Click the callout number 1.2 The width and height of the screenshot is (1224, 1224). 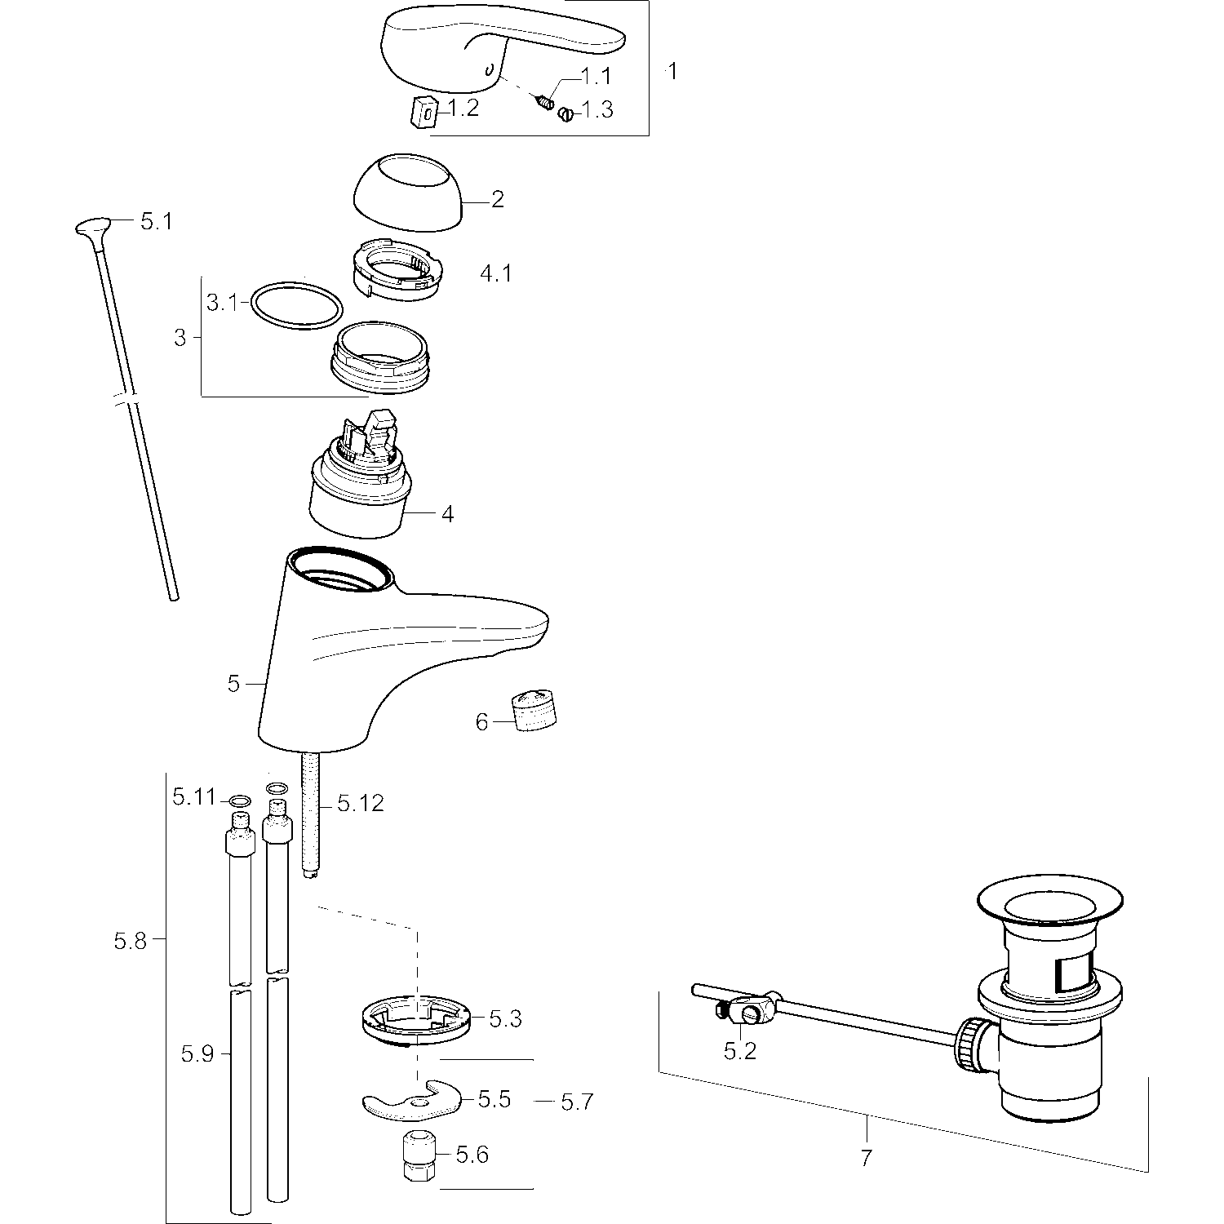pos(463,108)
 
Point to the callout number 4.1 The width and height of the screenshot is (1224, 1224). pos(495,273)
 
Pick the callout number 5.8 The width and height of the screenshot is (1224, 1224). pos(130,941)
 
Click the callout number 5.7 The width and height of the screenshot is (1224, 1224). pos(577,1102)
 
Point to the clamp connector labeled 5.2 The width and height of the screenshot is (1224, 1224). pos(751,1012)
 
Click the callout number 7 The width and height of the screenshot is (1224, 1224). pos(866,1156)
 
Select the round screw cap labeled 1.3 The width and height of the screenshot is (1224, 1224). pos(565,115)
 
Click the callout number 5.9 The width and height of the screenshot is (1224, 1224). pos(197,1054)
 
